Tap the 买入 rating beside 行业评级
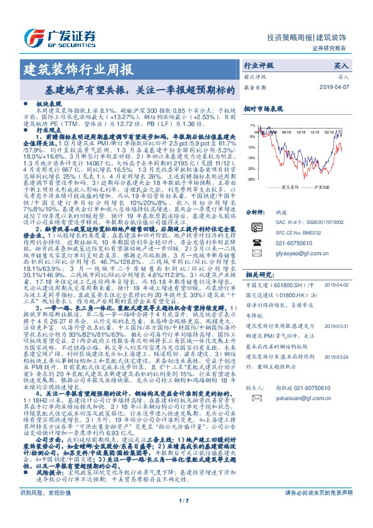341,65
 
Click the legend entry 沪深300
322,187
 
